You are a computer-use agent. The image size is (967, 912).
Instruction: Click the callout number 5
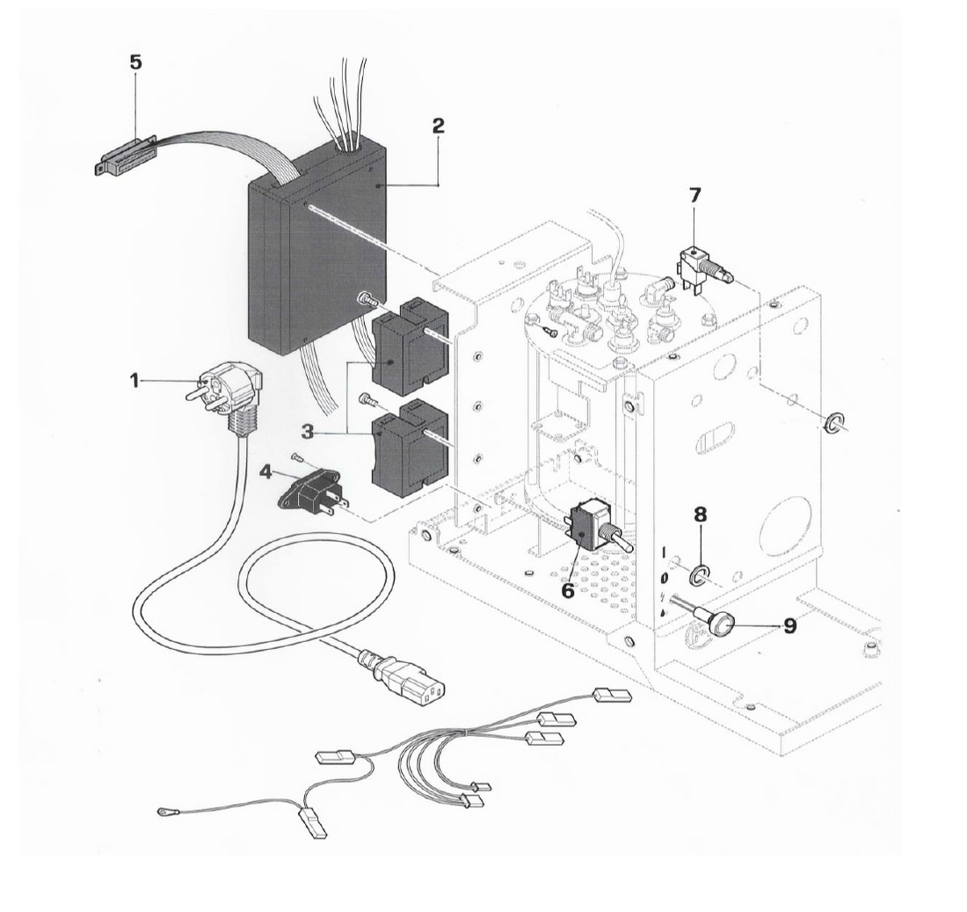135,63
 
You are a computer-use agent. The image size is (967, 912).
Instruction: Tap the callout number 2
438,125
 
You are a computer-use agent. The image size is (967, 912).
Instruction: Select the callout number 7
695,193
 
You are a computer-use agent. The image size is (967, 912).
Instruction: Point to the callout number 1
135,380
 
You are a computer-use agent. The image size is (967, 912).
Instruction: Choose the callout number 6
568,590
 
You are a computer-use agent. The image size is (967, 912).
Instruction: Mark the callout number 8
701,514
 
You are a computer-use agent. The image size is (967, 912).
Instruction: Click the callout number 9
789,626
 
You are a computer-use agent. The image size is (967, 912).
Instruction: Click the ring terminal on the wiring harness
164,813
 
